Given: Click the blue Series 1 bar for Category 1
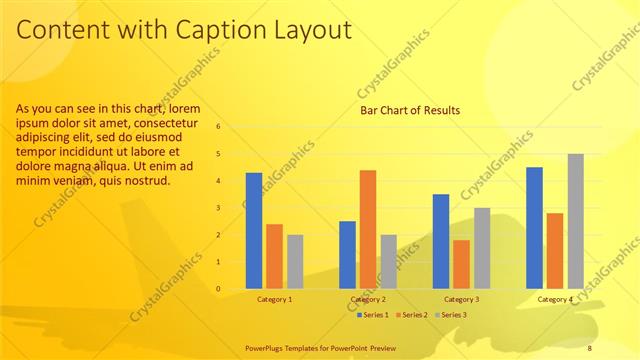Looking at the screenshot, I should [254, 231].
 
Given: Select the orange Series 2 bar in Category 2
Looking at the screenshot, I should [368, 230].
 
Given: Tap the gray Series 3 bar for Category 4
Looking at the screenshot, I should [575, 221].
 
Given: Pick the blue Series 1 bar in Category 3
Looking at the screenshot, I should [441, 241].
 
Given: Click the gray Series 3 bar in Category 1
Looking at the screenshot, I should [295, 262].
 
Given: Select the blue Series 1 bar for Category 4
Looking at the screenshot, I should [534, 228].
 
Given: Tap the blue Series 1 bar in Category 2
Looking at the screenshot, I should [347, 255].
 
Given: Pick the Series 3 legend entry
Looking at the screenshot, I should [453, 315].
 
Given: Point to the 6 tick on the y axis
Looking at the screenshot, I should [231, 127].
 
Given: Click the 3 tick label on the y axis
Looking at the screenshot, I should [231, 208].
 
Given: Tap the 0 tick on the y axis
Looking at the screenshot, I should [231, 289].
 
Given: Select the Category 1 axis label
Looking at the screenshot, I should [275, 299].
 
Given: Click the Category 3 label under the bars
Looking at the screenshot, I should [461, 299].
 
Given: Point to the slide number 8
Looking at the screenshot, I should [590, 348].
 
